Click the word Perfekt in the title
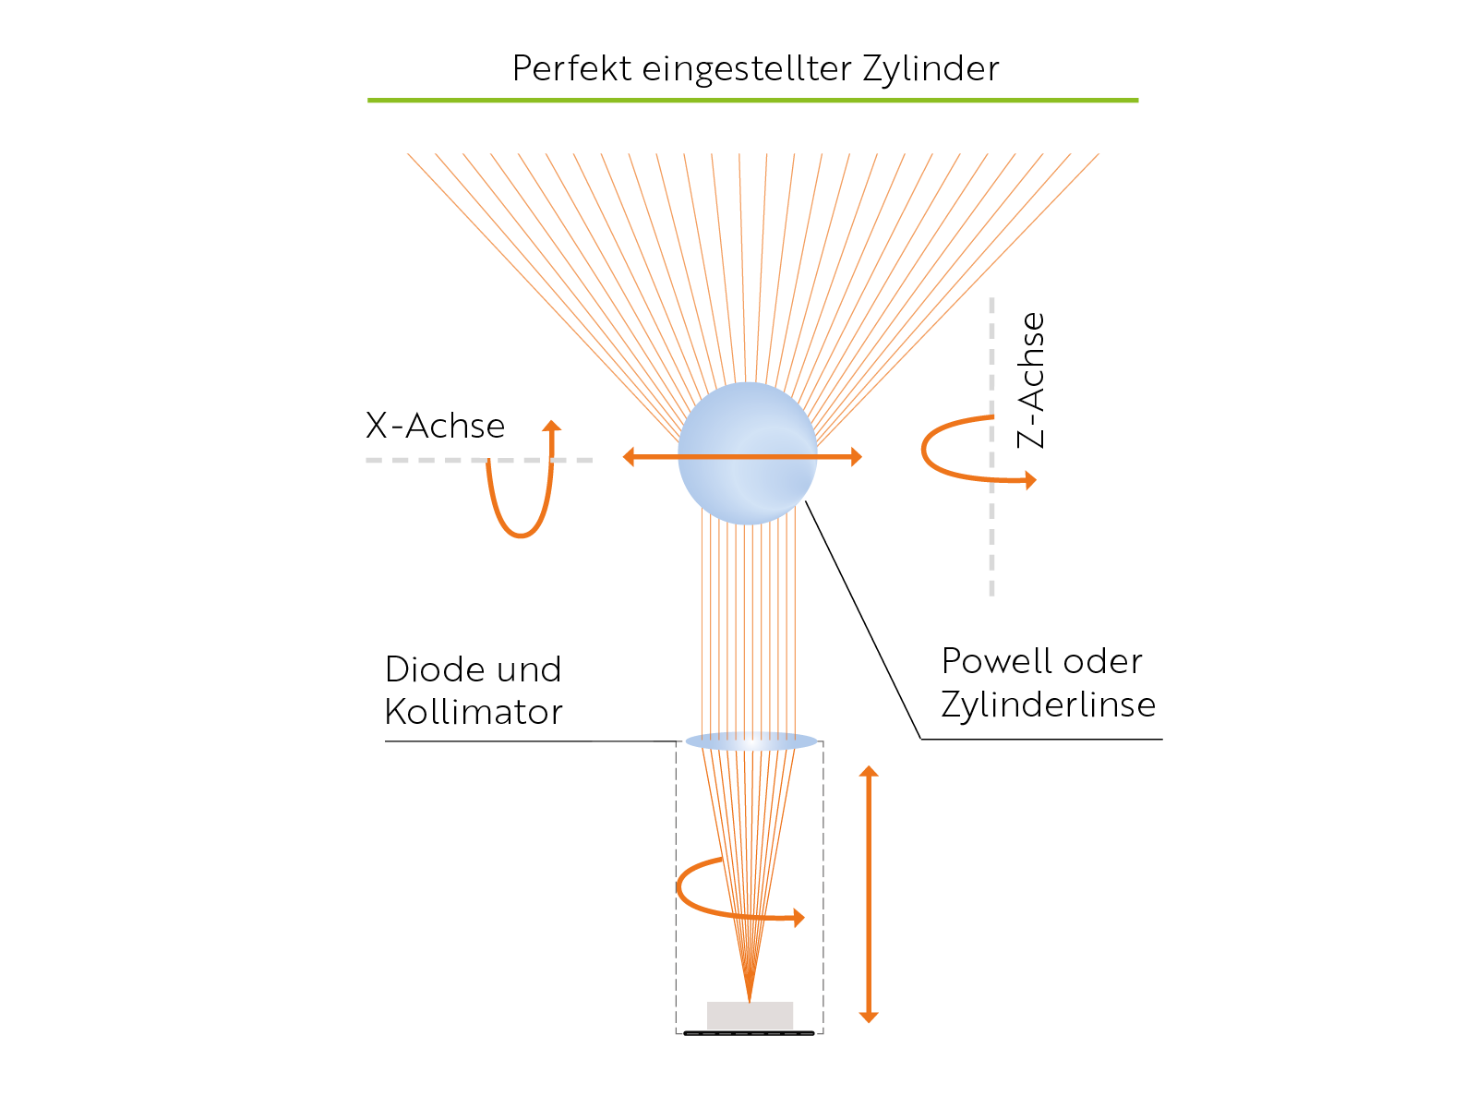click(x=572, y=69)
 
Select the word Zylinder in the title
click(x=931, y=69)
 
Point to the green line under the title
click(x=752, y=100)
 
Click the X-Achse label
click(x=435, y=426)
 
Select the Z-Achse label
click(x=1032, y=379)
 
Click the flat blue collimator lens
click(x=751, y=741)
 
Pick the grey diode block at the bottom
click(x=750, y=1015)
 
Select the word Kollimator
click(x=474, y=712)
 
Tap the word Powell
click(x=997, y=661)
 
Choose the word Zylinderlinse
click(x=1048, y=705)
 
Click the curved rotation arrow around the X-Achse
click(x=522, y=517)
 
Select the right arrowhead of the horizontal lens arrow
click(x=856, y=456)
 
